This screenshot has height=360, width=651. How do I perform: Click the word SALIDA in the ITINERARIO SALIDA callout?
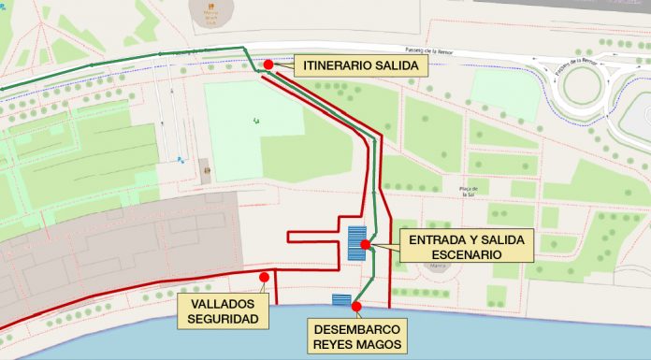coord(397,65)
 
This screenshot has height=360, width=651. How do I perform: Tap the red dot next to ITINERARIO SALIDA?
coord(268,65)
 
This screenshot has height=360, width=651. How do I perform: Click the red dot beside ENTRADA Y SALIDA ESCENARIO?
coord(366,246)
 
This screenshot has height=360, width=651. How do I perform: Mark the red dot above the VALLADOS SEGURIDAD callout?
coord(265,277)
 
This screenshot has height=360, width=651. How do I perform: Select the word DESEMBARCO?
coord(357,330)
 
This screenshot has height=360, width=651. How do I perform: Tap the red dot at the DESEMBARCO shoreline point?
coord(356,306)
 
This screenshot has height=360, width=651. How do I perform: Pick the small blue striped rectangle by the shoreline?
coord(341,299)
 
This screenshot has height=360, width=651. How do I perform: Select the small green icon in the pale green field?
coord(255,119)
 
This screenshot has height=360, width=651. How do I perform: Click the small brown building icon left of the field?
coord(205,171)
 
